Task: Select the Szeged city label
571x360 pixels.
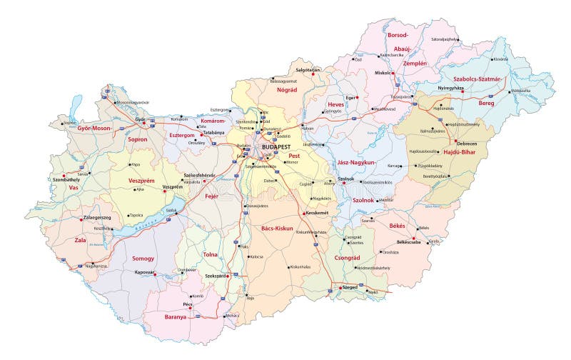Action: pyautogui.click(x=350, y=287)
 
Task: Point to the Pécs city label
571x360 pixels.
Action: pyautogui.click(x=188, y=304)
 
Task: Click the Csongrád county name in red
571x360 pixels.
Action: pyautogui.click(x=347, y=258)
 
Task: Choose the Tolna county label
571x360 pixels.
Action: pyautogui.click(x=211, y=254)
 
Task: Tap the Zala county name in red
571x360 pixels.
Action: pyautogui.click(x=81, y=241)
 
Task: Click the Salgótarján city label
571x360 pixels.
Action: pyautogui.click(x=308, y=69)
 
